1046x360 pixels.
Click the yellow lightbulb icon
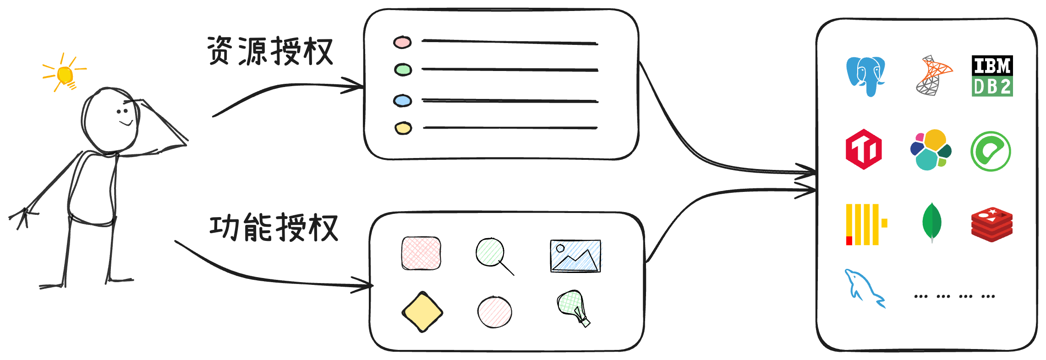point(65,75)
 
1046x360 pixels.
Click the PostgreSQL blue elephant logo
point(865,76)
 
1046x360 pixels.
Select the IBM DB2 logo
point(992,77)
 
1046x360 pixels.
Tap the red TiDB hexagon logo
point(864,149)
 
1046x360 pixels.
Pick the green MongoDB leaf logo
point(931,223)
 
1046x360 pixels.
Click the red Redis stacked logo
point(991,224)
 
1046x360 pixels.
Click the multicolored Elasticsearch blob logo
point(931,150)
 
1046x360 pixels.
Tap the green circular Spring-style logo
point(991,151)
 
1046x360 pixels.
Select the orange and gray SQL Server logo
point(933,76)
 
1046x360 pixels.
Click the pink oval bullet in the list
point(402,43)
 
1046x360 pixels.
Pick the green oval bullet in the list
point(403,70)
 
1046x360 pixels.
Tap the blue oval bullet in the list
point(403,101)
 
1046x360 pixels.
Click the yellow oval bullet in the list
point(403,128)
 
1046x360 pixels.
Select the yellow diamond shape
point(422,312)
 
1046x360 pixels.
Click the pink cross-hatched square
point(421,253)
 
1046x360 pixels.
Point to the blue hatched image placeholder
point(576,256)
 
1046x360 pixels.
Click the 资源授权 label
point(270,51)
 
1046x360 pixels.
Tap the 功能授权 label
point(274,227)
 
